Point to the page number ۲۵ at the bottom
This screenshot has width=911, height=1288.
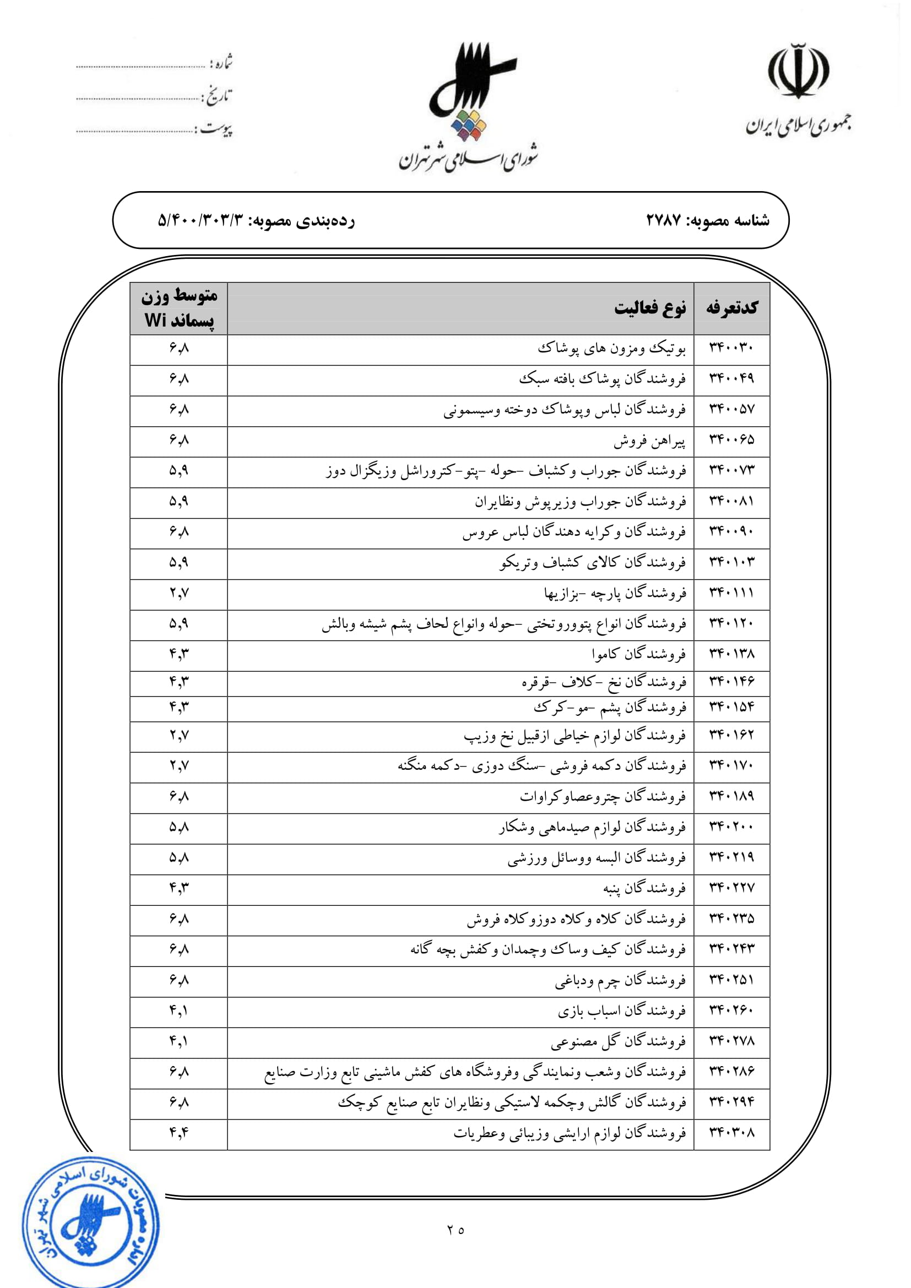coord(455,1230)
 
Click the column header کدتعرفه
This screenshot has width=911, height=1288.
coord(731,308)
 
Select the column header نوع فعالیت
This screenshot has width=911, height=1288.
coord(649,308)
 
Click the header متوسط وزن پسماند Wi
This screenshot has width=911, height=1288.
coord(179,308)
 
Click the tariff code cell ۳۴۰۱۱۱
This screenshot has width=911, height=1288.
coord(731,594)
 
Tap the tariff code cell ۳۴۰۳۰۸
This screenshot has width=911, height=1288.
coord(731,1133)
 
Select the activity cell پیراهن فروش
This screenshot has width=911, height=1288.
coord(649,442)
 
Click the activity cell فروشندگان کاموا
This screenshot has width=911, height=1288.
coord(638,654)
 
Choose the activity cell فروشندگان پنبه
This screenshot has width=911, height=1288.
coord(644,889)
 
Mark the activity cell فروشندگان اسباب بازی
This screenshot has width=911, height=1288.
coord(621,1011)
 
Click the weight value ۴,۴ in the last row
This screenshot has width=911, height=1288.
coord(179,1133)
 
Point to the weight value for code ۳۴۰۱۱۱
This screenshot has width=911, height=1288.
coord(179,594)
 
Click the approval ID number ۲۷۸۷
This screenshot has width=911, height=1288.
coord(664,220)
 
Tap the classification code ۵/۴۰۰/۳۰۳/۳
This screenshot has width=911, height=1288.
coord(202,220)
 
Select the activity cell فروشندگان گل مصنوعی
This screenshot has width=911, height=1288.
coord(617,1042)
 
